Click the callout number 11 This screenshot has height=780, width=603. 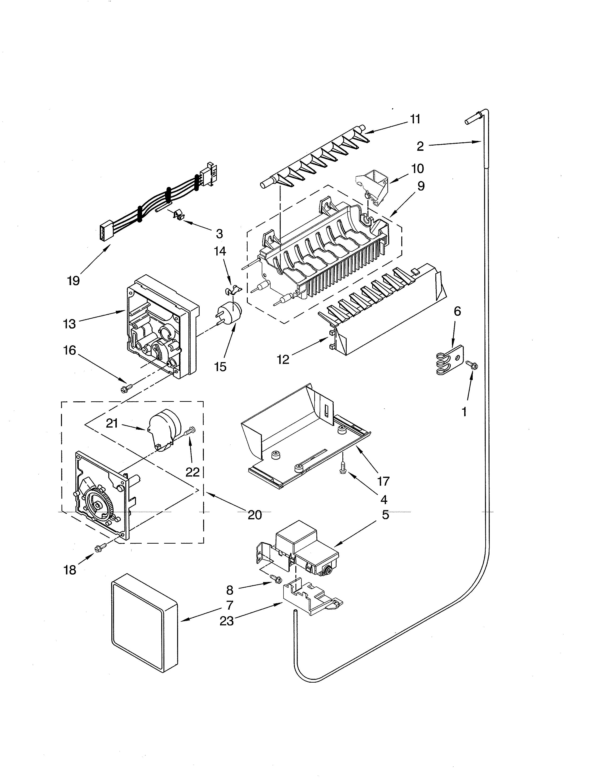point(415,119)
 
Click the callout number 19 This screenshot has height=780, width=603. point(73,281)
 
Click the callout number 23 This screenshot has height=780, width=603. point(227,621)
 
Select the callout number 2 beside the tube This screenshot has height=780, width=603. point(420,146)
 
